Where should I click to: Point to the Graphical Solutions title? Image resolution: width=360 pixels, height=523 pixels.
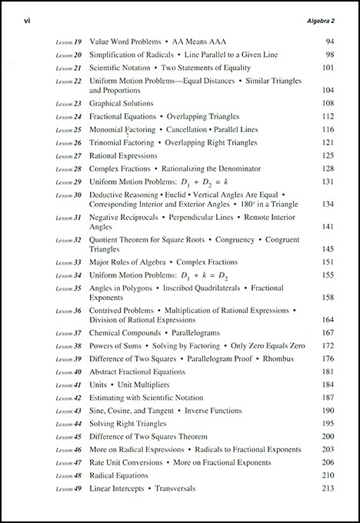[x=122, y=103]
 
